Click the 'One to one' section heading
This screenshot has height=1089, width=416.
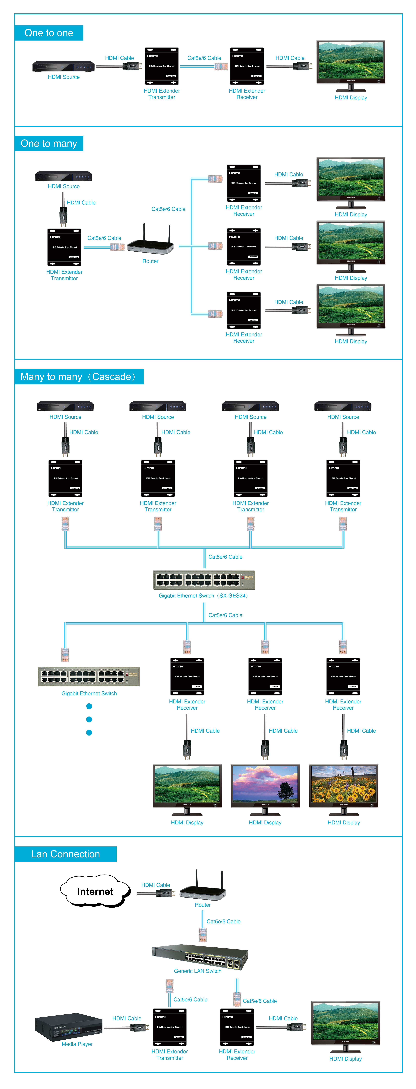point(49,33)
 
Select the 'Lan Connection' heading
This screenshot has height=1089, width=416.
point(66,854)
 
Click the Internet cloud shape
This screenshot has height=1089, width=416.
point(95,891)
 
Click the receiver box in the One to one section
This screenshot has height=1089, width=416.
point(247,66)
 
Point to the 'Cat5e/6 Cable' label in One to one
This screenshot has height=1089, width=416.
point(204,58)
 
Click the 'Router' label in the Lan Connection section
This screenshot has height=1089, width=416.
point(203,905)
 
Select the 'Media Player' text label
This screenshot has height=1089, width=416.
point(77,1044)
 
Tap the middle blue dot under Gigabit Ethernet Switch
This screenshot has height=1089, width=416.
point(89,719)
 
